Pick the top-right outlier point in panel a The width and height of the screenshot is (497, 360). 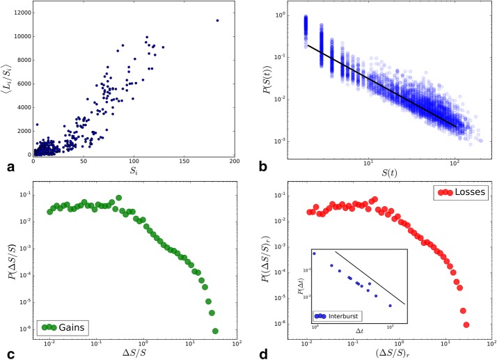[217, 20]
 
